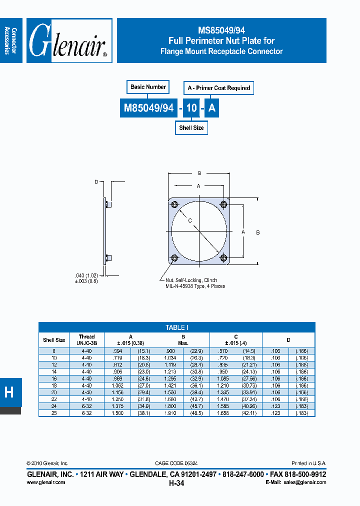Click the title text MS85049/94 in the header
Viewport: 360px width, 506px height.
tap(221, 30)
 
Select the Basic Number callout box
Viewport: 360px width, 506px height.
tap(148, 87)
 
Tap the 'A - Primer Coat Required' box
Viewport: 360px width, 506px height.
tap(218, 88)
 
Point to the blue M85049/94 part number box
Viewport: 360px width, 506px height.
tap(148, 108)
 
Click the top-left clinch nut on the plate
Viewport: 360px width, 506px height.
tap(174, 205)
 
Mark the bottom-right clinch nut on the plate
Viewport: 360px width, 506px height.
tap(223, 258)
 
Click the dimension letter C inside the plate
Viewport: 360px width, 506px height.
tap(190, 220)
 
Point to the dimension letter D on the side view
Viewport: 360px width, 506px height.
tap(96, 182)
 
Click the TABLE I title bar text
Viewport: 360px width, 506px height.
tap(177, 327)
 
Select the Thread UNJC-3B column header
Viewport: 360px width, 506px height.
tap(86, 340)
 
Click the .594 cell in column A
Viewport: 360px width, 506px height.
tap(126, 351)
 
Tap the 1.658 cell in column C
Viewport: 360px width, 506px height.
tap(222, 413)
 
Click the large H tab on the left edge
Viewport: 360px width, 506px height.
tap(9, 392)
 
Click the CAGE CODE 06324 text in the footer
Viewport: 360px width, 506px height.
tap(180, 463)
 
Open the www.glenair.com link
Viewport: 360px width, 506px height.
tap(45, 482)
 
